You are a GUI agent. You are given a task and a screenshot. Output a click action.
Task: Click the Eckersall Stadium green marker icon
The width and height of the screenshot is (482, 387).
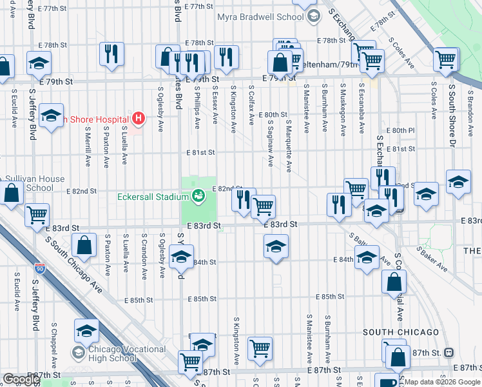pos(199,194)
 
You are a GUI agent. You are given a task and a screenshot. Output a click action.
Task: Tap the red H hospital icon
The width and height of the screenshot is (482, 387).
pos(137,118)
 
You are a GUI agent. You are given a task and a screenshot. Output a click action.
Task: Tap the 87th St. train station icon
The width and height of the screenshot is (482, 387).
pos(449,353)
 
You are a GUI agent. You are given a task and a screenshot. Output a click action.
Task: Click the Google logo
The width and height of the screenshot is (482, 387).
pos(21,379)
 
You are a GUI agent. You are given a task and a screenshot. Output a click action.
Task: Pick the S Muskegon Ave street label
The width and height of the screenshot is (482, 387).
pos(342,100)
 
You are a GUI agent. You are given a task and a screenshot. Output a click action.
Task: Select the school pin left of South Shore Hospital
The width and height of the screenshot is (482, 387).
pos(50,117)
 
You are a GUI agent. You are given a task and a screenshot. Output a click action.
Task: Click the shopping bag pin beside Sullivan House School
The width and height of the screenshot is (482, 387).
pos(12,193)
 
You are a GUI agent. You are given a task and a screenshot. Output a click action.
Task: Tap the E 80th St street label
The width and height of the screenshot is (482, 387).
pos(273,114)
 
